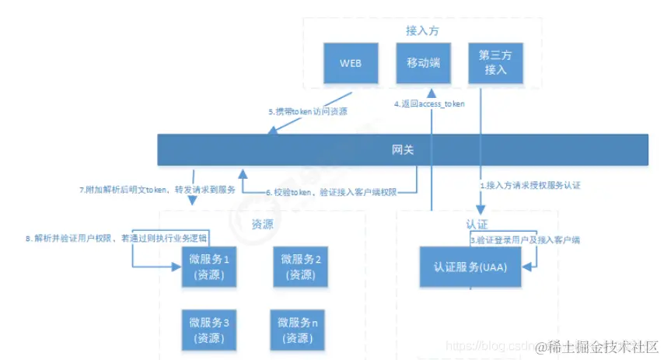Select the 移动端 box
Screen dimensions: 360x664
coord(424,63)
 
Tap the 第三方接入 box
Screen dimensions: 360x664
coord(495,63)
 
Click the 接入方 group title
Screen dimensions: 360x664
coord(423,30)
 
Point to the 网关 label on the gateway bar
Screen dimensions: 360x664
coord(403,149)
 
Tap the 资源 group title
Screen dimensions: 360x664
coord(262,225)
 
